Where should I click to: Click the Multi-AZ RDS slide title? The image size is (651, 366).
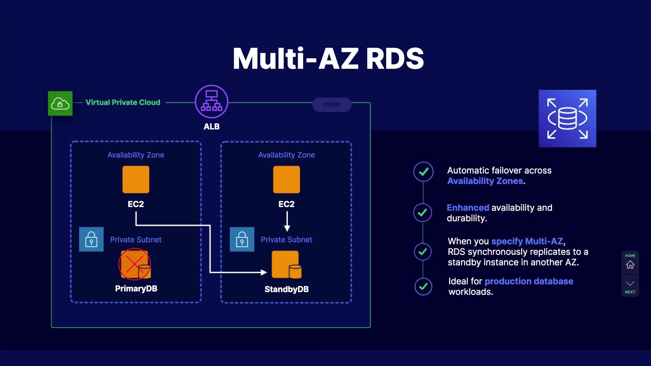point(328,59)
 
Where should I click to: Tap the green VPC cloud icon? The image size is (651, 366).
point(60,103)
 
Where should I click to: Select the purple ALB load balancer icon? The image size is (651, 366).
point(212,102)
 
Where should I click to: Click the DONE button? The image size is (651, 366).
point(332,105)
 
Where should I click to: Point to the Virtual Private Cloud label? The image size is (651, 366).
point(123,102)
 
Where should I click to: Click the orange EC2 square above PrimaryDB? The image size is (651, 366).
point(136,179)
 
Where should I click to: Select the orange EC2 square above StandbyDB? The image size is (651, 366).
point(287,179)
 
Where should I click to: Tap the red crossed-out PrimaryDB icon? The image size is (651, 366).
point(135,264)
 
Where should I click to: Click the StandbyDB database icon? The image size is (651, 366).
point(287,264)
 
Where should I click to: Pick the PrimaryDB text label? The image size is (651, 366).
point(136,289)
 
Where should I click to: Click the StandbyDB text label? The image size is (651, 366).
point(287,289)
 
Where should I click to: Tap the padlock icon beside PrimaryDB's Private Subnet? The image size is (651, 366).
point(91,239)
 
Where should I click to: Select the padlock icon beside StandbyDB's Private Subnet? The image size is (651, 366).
point(242,239)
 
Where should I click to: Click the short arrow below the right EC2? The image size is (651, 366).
point(287,222)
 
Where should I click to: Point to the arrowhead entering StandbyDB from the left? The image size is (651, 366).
point(263,272)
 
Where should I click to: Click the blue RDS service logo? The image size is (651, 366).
point(567,118)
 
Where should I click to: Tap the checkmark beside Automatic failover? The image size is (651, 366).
point(423,172)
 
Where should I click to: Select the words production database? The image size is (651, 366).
point(529,281)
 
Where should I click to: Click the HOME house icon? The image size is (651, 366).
point(630,264)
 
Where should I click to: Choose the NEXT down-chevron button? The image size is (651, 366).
point(630,284)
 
